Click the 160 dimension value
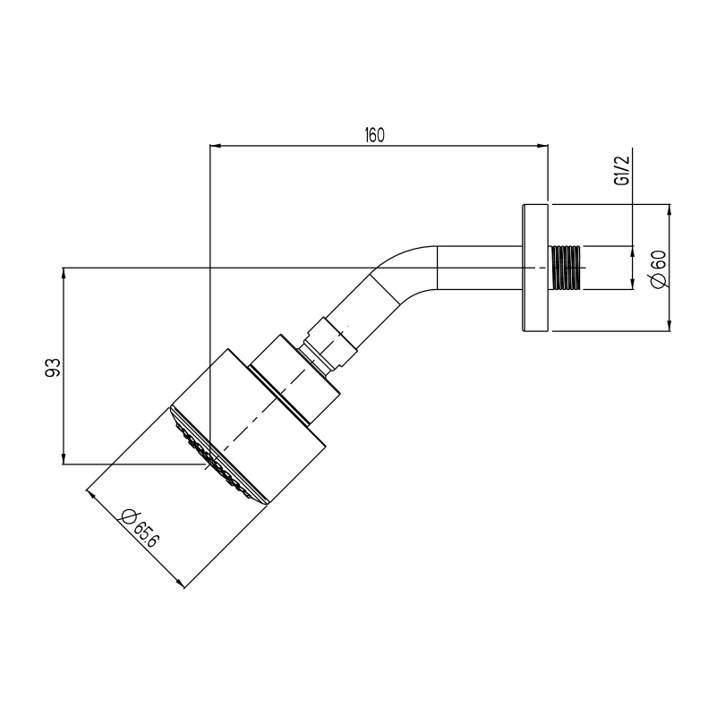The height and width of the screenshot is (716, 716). tap(374, 135)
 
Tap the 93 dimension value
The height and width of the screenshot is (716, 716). tap(53, 367)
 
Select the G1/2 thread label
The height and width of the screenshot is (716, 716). tap(622, 170)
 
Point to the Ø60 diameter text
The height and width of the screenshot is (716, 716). tap(660, 269)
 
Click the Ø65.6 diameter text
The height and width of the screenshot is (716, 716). tap(140, 528)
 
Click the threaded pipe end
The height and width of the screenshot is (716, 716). tap(567, 268)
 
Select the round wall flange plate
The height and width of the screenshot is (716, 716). tap(534, 268)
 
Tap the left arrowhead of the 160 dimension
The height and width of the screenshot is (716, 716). tap(215, 146)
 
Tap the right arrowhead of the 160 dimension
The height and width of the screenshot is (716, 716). tap(542, 146)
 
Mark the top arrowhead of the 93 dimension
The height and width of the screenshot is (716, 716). tap(64, 274)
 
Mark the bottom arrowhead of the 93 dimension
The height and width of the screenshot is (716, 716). tap(64, 458)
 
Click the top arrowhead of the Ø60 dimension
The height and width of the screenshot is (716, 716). tap(669, 210)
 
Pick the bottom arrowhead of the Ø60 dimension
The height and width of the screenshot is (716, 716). tap(669, 325)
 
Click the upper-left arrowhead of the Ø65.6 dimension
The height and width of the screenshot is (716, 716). tap(90, 495)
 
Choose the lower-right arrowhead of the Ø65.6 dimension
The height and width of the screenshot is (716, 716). tap(180, 584)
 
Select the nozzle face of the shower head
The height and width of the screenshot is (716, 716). tap(217, 456)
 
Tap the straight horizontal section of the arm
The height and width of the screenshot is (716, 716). tap(480, 268)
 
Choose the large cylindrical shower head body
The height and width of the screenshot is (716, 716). tap(249, 426)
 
